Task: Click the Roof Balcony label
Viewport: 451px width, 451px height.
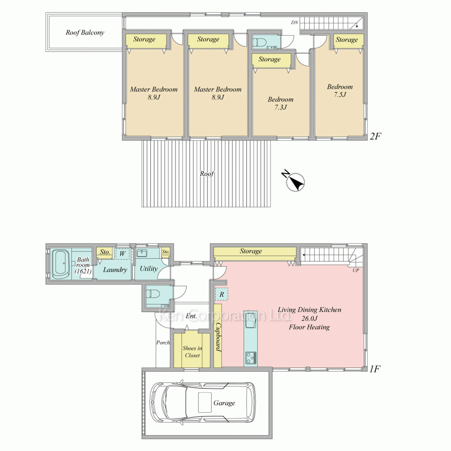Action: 85,32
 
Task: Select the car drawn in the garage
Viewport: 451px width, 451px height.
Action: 202,402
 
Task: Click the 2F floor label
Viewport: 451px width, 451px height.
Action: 376,136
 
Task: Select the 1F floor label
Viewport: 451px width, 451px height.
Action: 375,369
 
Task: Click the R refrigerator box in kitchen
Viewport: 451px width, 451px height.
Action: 221,294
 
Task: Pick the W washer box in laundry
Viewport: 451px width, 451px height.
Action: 122,254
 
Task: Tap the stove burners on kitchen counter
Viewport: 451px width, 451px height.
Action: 250,358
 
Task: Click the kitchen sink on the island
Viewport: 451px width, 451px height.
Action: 250,321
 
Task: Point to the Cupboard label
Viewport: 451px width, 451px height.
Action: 218,336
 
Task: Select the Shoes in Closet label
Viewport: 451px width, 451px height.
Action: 192,352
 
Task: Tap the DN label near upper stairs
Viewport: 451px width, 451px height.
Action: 294,22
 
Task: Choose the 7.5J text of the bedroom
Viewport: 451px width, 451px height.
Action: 340,94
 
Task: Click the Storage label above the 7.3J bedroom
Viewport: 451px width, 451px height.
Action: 269,60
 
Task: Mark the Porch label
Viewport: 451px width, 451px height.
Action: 163,343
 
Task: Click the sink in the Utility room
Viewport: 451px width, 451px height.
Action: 142,253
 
